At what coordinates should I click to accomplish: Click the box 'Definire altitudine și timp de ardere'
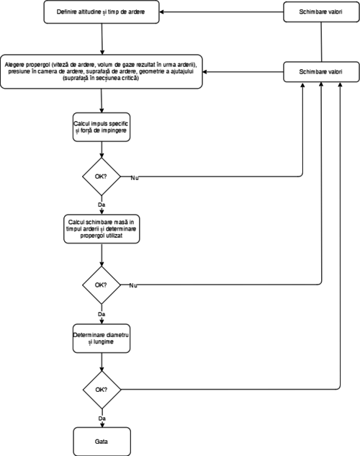102,12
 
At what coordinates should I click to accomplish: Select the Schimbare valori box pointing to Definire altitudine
321,12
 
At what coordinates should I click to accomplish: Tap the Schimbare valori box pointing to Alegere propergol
321,72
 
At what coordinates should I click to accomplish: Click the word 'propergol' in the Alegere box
38,65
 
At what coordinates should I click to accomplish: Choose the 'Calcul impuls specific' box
102,127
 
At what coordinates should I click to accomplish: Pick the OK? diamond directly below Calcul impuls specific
102,176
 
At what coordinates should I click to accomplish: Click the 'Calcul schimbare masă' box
102,229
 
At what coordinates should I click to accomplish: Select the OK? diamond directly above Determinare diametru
102,285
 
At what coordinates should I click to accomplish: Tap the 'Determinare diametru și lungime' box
102,339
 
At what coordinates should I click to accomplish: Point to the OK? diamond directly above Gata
102,390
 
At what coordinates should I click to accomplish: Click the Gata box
102,442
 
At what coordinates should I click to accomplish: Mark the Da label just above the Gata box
102,419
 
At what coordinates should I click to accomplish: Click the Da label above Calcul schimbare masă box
102,205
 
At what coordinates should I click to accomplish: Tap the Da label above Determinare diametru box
102,314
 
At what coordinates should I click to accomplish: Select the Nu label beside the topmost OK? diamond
135,178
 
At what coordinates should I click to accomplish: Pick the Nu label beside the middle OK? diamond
133,285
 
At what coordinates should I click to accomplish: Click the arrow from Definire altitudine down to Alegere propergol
102,39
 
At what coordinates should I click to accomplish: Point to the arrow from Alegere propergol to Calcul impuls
102,101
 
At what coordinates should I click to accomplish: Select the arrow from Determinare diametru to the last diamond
102,362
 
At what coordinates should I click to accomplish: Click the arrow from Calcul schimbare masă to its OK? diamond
102,255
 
